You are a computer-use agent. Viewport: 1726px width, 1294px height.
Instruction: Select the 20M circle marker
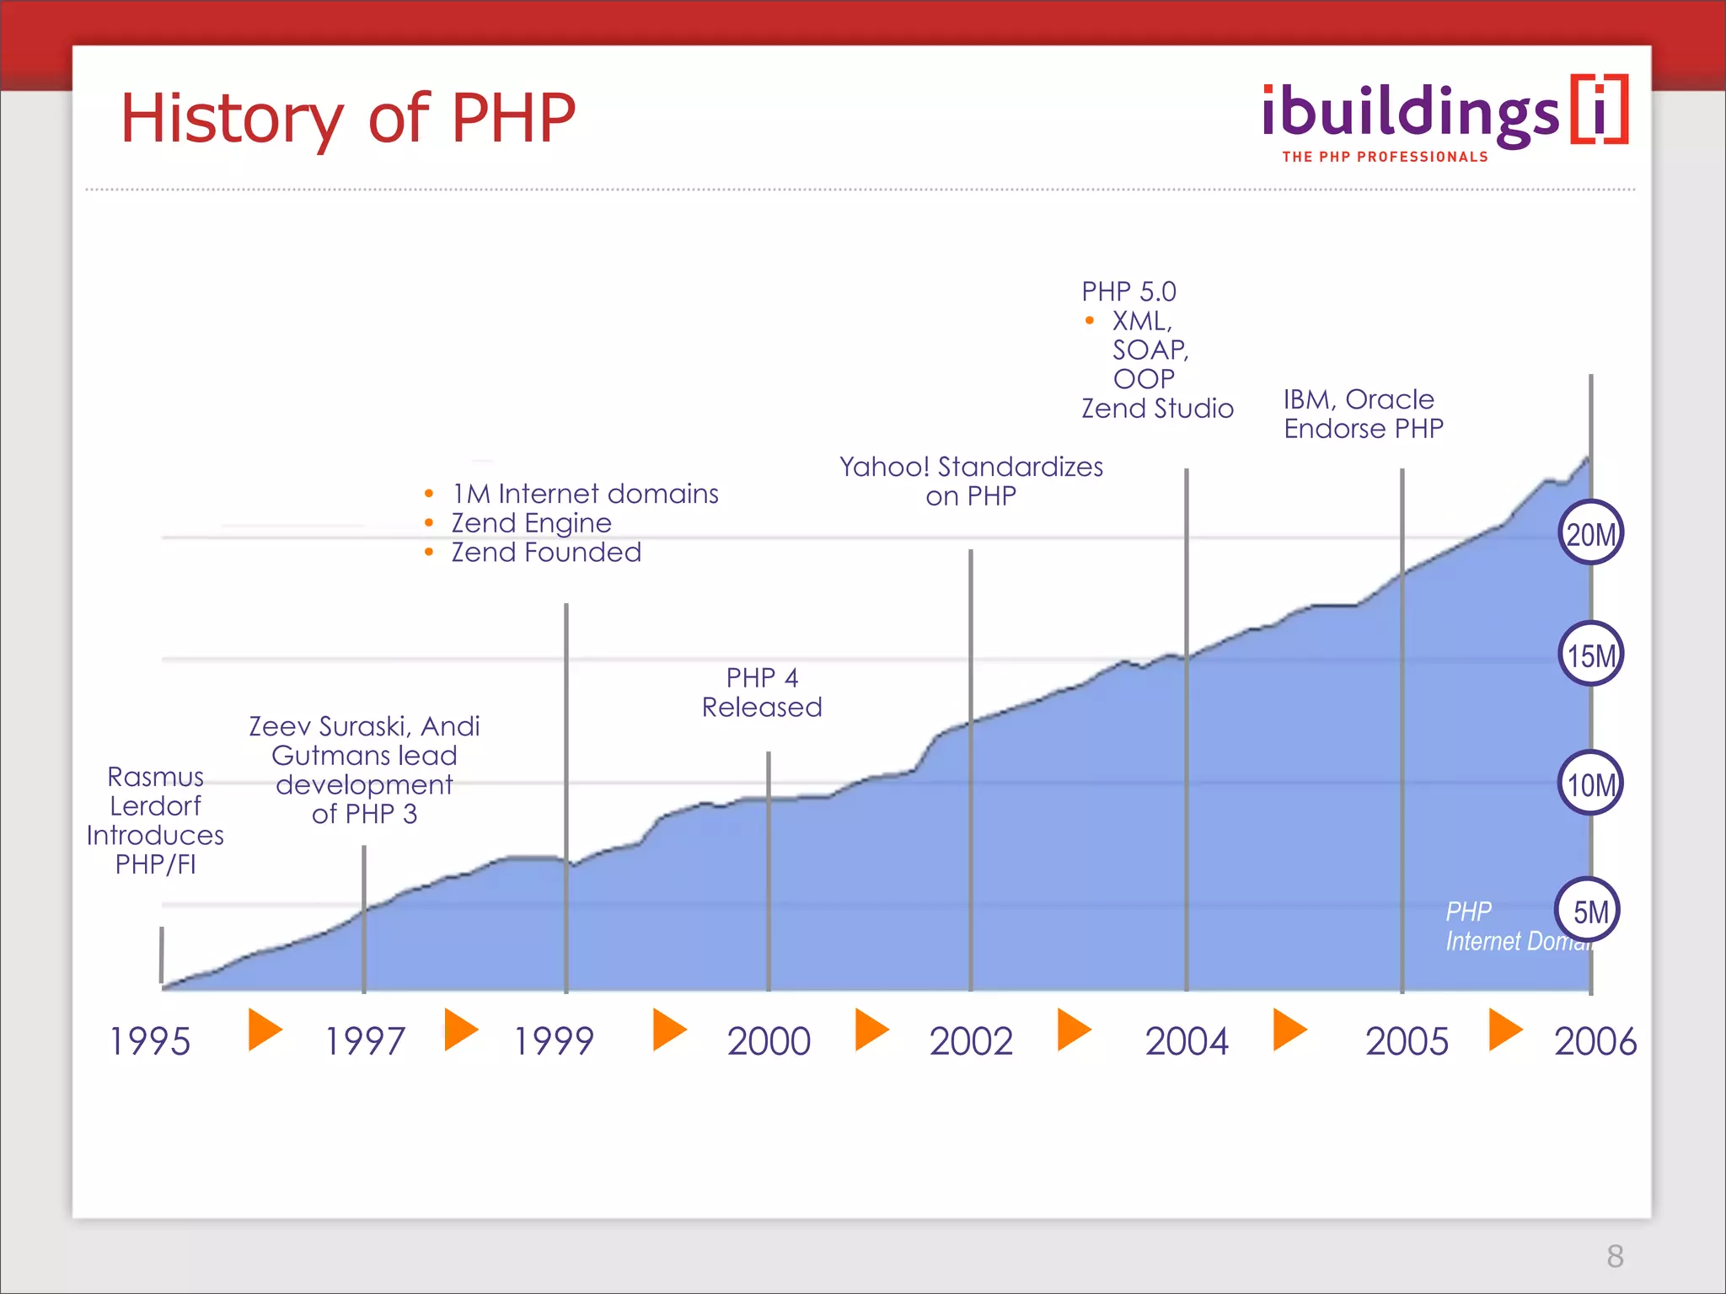coord(1590,533)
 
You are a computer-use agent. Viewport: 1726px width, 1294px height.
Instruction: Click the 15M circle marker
coord(1590,655)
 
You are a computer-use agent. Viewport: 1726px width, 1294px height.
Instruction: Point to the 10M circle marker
coord(1590,783)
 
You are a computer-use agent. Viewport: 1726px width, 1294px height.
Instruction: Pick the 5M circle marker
coord(1588,911)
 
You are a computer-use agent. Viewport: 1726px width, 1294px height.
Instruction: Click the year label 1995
coord(150,1041)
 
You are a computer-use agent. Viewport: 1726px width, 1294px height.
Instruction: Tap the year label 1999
coord(554,1041)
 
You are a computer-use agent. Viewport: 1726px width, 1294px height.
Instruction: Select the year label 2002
coord(971,1041)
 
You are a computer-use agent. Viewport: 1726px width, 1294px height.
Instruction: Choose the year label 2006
coord(1595,1041)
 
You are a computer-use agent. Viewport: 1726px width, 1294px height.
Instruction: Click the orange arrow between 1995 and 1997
coord(265,1029)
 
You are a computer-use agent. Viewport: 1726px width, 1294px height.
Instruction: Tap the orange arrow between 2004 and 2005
coord(1289,1029)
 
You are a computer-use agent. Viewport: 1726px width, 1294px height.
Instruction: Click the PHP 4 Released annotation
coord(762,692)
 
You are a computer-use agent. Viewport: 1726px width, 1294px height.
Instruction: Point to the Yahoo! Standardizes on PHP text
coord(971,481)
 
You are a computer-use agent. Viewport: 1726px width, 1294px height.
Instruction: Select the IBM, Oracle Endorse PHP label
coord(1363,414)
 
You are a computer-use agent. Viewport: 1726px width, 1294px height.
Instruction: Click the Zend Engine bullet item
coord(531,523)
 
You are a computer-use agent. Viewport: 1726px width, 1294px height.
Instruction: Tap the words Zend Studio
coord(1157,409)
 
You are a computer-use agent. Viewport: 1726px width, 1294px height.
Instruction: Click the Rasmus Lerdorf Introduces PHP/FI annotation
coord(155,820)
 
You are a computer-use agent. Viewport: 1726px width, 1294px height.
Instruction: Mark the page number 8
coord(1615,1256)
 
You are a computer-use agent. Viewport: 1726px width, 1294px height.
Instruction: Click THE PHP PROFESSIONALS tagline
coord(1385,157)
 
